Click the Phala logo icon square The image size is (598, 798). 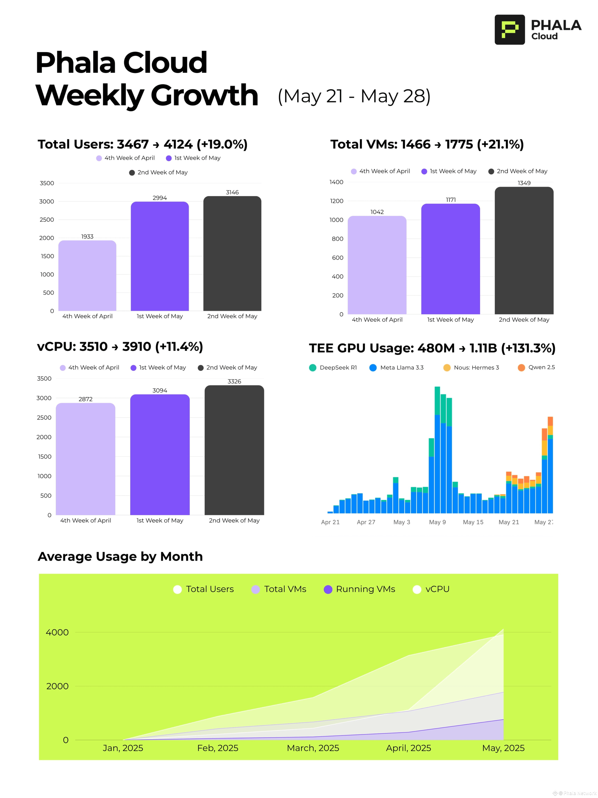click(x=509, y=30)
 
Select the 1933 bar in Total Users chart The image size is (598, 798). click(x=87, y=276)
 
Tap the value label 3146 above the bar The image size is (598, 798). click(x=232, y=192)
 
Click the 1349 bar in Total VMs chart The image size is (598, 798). click(x=524, y=251)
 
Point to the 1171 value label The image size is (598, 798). click(x=451, y=200)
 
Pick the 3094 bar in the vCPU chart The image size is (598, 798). click(x=160, y=455)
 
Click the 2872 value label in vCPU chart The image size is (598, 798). click(x=85, y=399)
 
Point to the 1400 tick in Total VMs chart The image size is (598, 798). click(x=336, y=182)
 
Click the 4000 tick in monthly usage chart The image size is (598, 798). click(x=57, y=632)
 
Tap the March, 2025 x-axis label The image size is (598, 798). click(x=313, y=748)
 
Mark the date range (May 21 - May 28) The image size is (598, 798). click(x=354, y=96)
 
